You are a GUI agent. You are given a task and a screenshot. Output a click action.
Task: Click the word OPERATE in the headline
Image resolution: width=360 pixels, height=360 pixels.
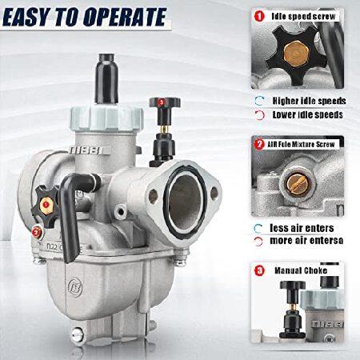[125, 17]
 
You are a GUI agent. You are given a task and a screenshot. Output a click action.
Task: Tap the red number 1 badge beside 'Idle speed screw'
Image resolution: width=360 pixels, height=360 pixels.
[259, 16]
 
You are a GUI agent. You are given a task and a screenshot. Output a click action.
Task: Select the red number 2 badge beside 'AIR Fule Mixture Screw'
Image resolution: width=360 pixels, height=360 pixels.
[259, 144]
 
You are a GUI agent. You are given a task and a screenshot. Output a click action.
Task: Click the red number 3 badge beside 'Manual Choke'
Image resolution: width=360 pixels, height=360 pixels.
[259, 270]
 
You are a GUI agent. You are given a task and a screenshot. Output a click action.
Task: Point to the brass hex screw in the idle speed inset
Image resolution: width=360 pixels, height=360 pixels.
[296, 55]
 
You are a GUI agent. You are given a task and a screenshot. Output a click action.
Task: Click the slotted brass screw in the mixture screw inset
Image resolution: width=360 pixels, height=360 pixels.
[298, 183]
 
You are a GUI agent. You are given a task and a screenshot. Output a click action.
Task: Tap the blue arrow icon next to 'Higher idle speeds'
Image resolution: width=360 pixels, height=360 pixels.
[259, 101]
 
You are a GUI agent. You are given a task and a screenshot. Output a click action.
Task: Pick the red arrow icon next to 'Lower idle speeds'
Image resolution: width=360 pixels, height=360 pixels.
[259, 115]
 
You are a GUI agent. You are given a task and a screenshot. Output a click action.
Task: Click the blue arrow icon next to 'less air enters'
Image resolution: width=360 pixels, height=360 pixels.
[258, 228]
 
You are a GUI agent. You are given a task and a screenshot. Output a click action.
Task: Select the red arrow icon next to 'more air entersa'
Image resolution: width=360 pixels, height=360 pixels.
[258, 242]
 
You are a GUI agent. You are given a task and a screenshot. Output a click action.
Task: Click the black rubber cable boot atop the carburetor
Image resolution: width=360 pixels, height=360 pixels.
[106, 78]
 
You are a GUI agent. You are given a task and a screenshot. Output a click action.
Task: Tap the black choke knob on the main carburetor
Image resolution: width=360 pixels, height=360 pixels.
[165, 102]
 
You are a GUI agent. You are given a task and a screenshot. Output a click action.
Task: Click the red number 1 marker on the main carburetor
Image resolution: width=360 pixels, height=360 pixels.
[46, 205]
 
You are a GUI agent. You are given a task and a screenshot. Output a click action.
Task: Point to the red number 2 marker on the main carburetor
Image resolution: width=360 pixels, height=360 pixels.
[36, 233]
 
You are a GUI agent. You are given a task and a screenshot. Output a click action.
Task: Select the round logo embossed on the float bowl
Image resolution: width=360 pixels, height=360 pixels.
[75, 287]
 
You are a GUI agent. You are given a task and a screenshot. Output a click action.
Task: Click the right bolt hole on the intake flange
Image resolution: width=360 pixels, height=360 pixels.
[214, 194]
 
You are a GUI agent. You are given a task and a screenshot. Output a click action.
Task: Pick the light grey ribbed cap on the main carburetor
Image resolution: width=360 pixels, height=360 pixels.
[107, 118]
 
